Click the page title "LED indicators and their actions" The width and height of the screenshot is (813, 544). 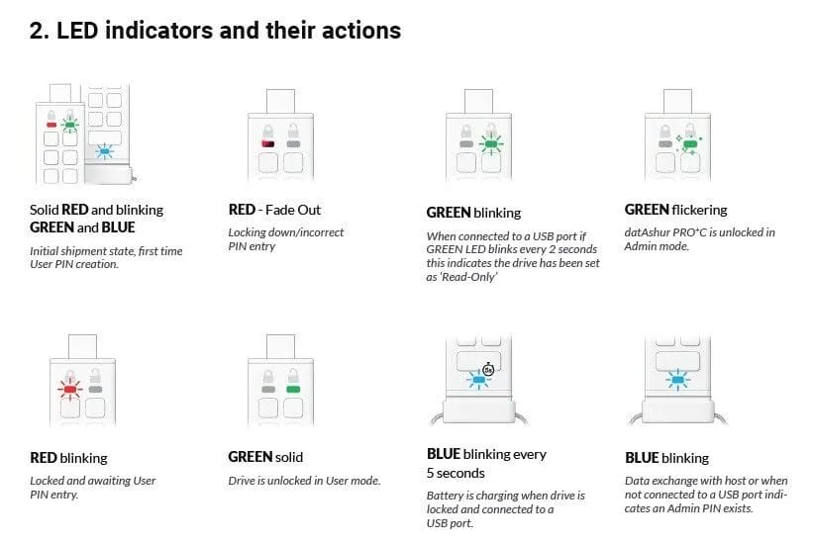tap(228, 31)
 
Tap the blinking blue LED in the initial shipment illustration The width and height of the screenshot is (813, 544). tap(105, 151)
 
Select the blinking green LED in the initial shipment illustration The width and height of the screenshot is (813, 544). tap(70, 125)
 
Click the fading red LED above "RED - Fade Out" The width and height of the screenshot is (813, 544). tap(268, 143)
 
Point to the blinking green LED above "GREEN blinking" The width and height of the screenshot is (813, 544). tap(490, 143)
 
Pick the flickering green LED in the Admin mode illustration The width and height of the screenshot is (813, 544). tap(689, 143)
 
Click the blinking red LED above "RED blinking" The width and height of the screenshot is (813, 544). tap(70, 388)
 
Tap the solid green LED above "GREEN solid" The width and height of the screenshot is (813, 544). tap(293, 389)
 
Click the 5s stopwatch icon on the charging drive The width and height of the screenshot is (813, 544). tap(488, 369)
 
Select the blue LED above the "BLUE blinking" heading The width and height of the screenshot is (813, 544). tap(677, 380)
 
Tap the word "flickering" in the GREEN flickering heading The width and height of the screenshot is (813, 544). tap(699, 210)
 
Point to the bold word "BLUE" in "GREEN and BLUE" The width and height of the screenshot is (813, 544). tap(118, 227)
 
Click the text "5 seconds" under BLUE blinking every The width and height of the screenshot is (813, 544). tap(456, 473)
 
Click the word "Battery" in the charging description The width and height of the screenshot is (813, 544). tap(445, 496)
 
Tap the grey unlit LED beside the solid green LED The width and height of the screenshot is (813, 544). tap(268, 389)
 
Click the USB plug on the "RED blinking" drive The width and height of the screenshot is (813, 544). tap(82, 346)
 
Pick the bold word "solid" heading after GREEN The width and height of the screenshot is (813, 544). tap(289, 457)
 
